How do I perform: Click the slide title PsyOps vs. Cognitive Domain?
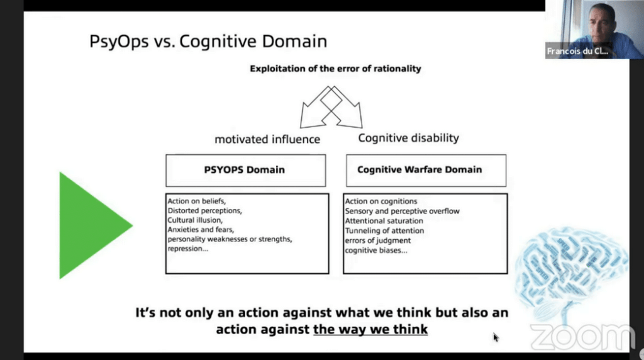coord(208,42)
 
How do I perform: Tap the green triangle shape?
coord(91,225)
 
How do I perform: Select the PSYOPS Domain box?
coord(245,170)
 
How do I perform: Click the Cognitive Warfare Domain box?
coord(419,170)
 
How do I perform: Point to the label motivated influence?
coord(267,139)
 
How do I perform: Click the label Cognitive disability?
coord(409,138)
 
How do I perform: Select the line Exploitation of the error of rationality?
coord(335,69)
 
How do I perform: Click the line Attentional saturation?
coord(384,221)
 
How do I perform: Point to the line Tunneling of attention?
coord(384,231)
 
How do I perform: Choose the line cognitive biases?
coord(376,250)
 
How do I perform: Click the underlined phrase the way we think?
coord(370,329)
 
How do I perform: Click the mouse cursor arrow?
coord(496,337)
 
